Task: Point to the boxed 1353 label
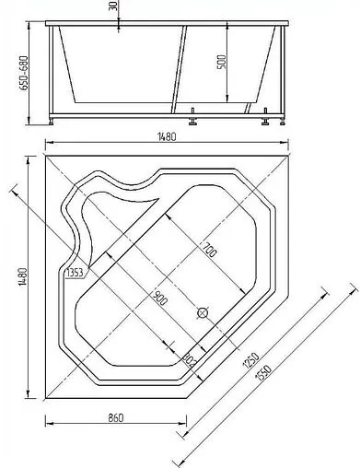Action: (76, 273)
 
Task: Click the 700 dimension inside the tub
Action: (210, 250)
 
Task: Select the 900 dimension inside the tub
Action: (159, 297)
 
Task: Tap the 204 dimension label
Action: (191, 356)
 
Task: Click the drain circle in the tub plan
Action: (203, 312)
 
